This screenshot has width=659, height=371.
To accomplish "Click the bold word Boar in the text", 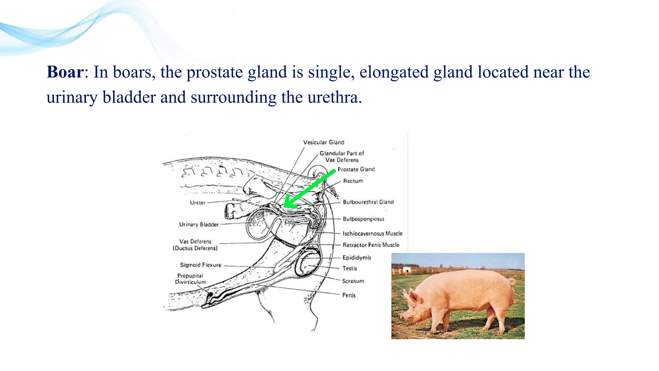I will point(65,72).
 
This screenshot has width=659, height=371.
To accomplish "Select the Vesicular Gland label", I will point(323,142).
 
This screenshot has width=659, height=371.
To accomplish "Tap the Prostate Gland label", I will point(356,169).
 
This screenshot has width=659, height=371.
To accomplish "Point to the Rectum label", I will point(353,181).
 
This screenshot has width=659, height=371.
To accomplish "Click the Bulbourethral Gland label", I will point(368,202).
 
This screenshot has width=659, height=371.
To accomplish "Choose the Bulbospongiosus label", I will point(363,219).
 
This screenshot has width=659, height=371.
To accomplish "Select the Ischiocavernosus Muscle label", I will point(372,233).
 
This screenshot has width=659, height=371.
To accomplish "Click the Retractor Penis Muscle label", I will point(371,245).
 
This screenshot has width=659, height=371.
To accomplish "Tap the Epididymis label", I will point(357,258).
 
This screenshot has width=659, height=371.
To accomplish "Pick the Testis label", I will point(349,268).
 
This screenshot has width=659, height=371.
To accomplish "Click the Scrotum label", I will point(353,281).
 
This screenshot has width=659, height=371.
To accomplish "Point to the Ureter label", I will point(197,203).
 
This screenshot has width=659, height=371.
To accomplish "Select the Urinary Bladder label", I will point(199,224).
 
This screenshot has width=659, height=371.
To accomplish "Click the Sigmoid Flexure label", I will point(200,265).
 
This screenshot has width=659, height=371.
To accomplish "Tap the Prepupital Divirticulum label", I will point(190,279).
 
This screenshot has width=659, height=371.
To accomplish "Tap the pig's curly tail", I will point(512,282).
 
